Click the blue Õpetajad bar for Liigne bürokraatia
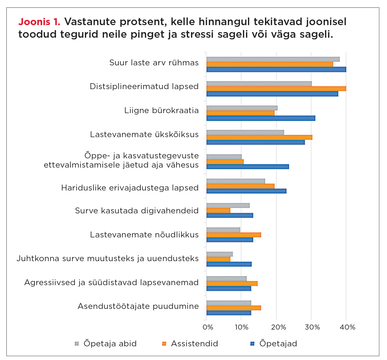tap(261, 118)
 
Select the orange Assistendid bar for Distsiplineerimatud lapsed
tap(276, 89)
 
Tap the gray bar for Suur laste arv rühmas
tap(273, 59)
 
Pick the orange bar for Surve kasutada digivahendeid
tap(218, 211)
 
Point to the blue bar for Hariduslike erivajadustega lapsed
tap(246, 191)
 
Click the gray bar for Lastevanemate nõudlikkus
tap(223, 230)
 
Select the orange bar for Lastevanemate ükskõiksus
tap(259, 137)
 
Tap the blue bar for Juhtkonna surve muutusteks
tap(229, 264)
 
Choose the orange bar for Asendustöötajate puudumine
tap(234, 308)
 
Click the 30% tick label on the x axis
tap(312, 327)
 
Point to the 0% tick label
tap(208, 327)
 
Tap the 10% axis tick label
tap(242, 327)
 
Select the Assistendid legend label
tap(194, 344)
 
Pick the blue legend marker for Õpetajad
tap(253, 344)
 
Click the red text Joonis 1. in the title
tap(39, 22)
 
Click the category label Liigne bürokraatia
tap(161, 111)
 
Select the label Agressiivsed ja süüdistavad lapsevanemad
tap(111, 283)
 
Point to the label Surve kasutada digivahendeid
tap(137, 211)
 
